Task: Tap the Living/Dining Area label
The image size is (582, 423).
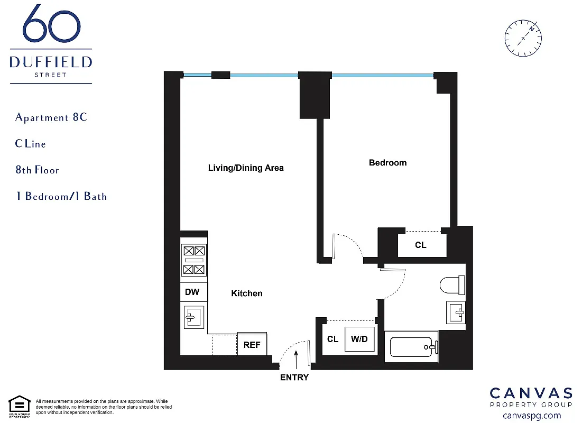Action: (246, 168)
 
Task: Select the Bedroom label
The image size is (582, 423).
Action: (387, 163)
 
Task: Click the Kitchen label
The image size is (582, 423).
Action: (247, 293)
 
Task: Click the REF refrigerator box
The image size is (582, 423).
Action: (252, 344)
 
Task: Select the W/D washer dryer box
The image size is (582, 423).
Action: (359, 339)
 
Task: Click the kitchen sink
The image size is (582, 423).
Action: (193, 317)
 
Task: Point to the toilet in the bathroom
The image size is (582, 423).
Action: (452, 286)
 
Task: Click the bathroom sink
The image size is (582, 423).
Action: (456, 312)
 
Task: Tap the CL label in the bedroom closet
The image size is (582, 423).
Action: (421, 245)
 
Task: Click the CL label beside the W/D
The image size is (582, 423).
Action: (332, 339)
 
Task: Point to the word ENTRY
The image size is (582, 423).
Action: (294, 378)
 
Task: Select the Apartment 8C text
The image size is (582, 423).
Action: (51, 117)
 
